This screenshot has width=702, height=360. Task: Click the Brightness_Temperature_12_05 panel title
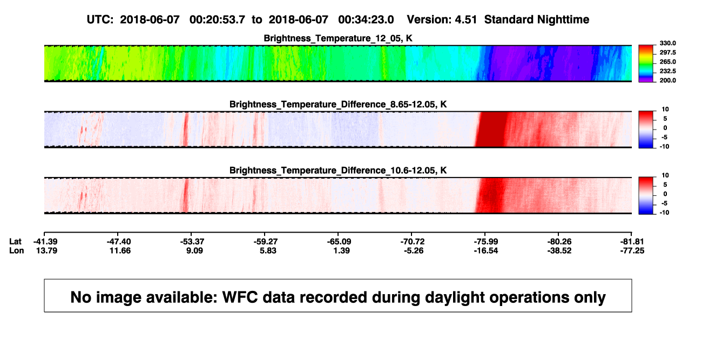[x=338, y=38]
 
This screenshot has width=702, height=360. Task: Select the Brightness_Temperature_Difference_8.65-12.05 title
[x=338, y=104]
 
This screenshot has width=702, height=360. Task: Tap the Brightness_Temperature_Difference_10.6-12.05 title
[x=338, y=171]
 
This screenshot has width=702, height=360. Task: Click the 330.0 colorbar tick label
[x=667, y=43]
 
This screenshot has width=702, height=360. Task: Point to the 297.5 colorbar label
[x=667, y=52]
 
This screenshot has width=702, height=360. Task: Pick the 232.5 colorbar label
[x=667, y=71]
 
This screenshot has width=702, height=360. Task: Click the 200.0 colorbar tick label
[x=667, y=80]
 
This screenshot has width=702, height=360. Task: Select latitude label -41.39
[x=45, y=242]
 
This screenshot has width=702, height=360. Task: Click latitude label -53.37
[x=192, y=242]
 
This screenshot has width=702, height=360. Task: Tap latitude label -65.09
[x=339, y=242]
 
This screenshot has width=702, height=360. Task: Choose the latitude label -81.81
[x=631, y=242]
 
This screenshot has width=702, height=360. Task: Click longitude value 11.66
[x=120, y=250]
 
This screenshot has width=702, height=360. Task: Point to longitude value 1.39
[x=342, y=250]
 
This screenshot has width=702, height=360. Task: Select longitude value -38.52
[x=559, y=250]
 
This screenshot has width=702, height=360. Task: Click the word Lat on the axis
[x=15, y=242]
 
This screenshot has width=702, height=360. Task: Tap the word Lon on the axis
[x=17, y=250]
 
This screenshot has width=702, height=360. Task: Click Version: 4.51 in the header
[x=442, y=19]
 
